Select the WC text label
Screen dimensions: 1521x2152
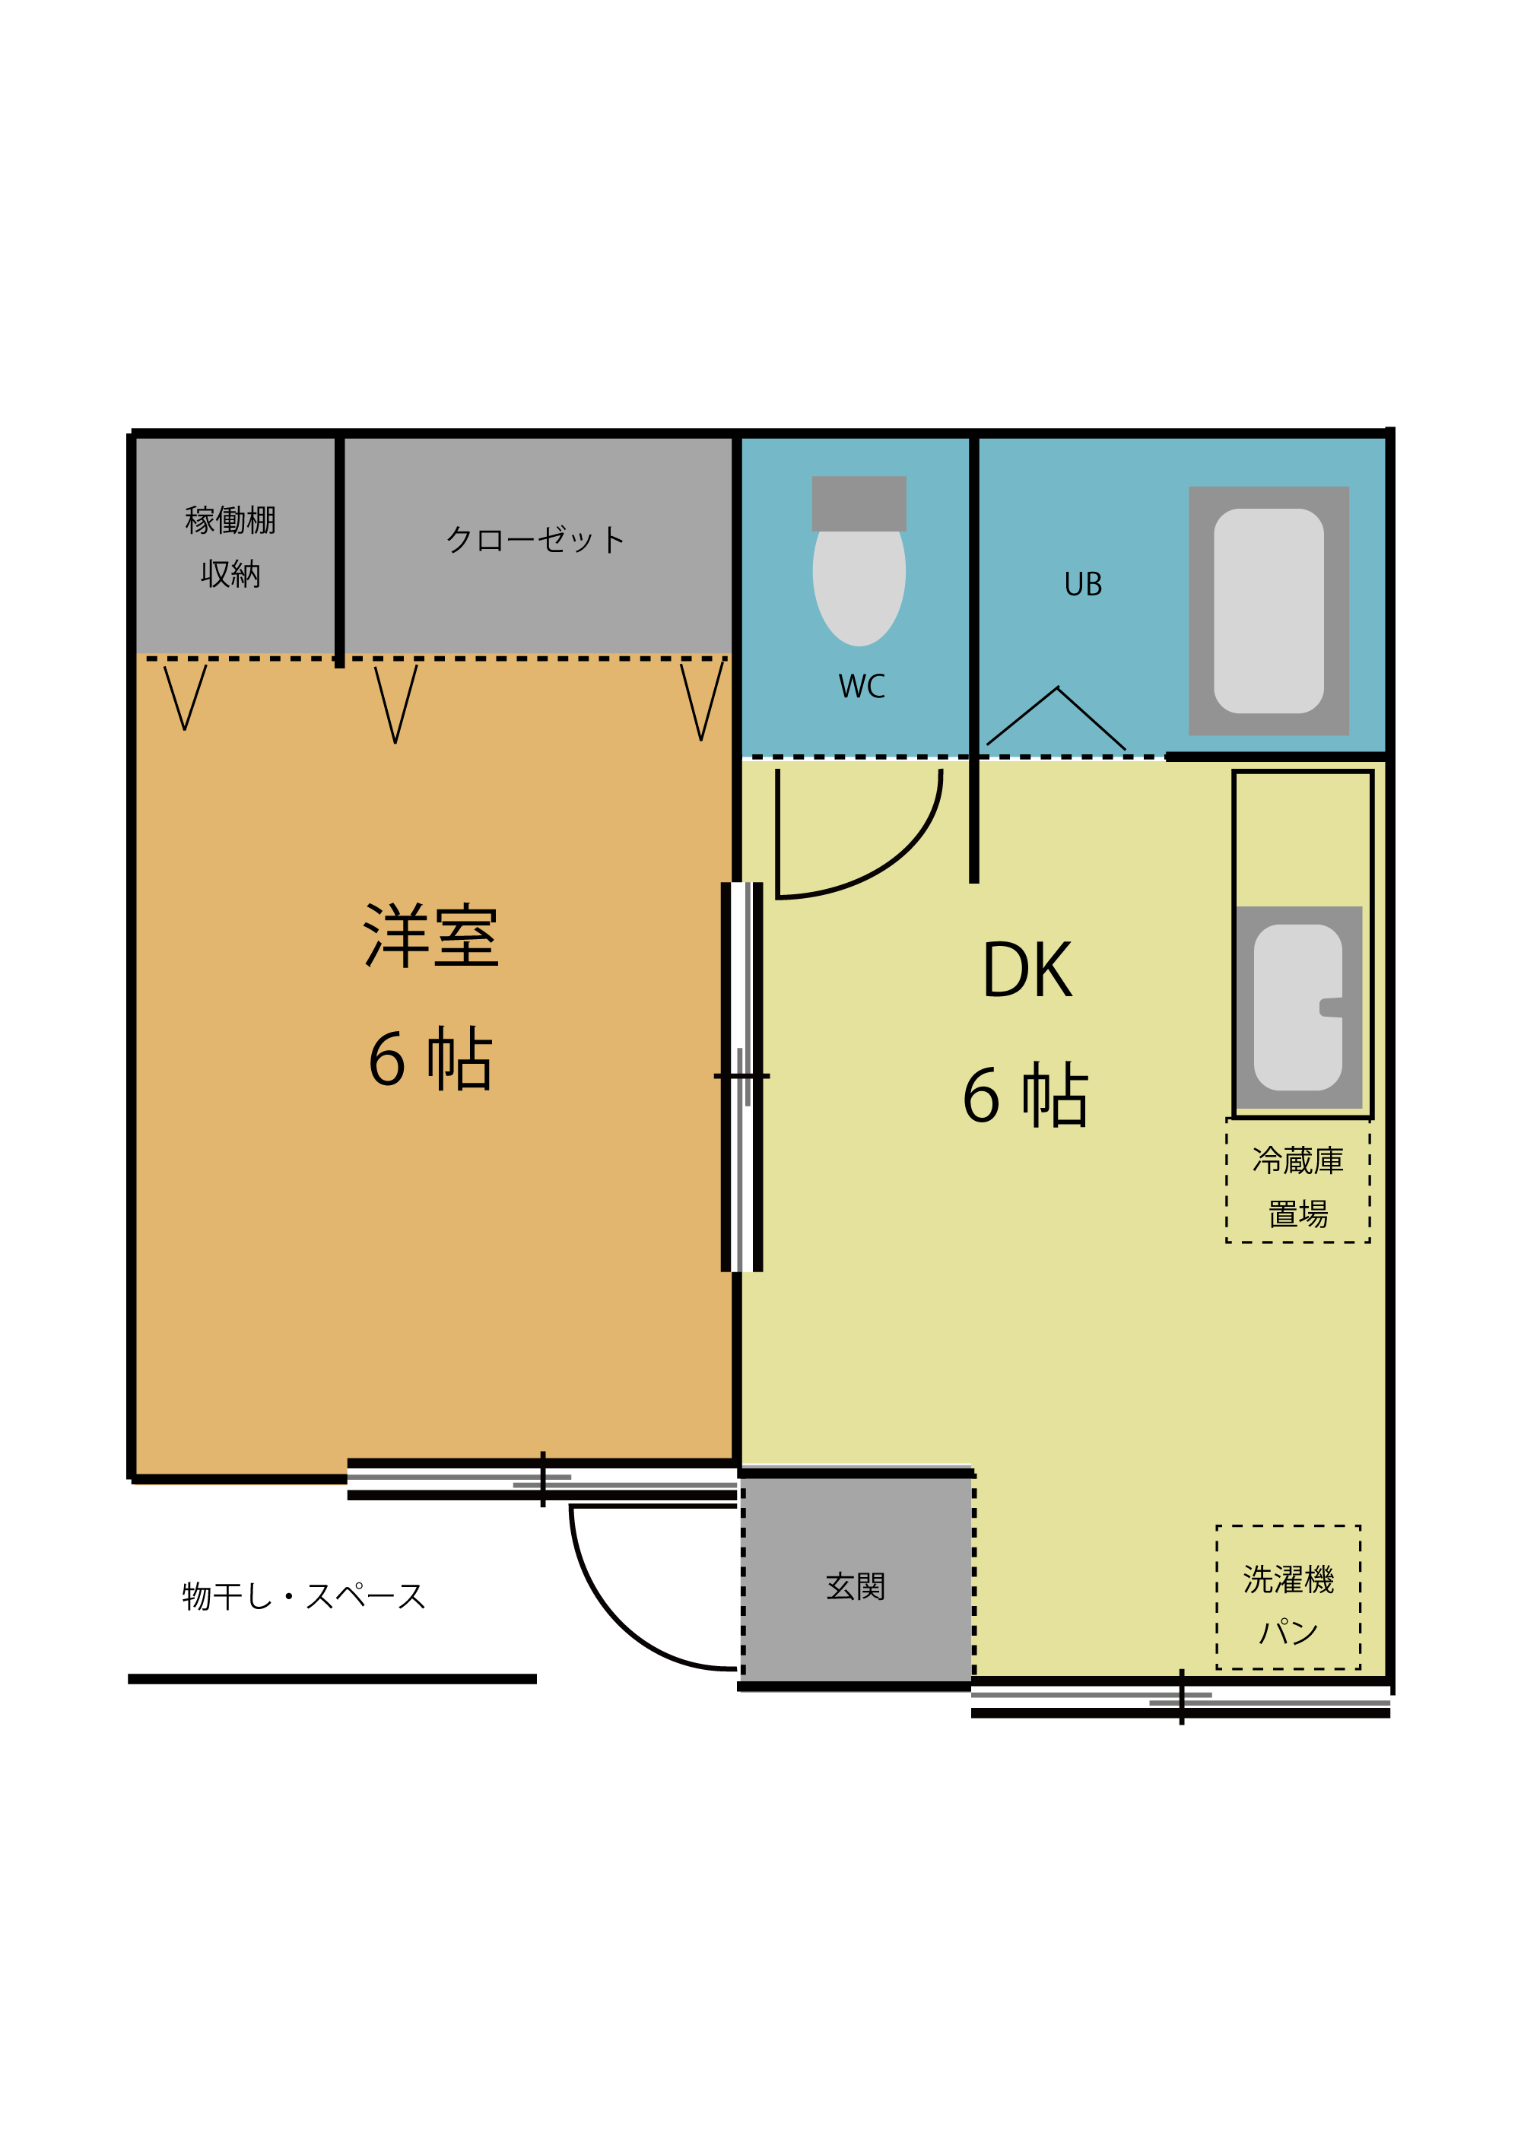(x=861, y=686)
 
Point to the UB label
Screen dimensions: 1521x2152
(x=1084, y=585)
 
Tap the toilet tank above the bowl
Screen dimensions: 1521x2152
(x=859, y=503)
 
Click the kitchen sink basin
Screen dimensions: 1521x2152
(x=1298, y=1008)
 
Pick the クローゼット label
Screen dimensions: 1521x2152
(x=535, y=539)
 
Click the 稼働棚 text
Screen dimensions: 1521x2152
(x=230, y=520)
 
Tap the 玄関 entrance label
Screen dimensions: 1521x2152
(x=856, y=1587)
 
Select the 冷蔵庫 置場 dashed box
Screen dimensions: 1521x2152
(x=1298, y=1180)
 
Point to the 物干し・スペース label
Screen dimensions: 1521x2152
(x=304, y=1596)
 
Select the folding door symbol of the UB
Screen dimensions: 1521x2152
(x=1056, y=718)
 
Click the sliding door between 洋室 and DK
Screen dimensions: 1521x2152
(x=741, y=1077)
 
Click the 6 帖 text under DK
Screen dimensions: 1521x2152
(x=1025, y=1095)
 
